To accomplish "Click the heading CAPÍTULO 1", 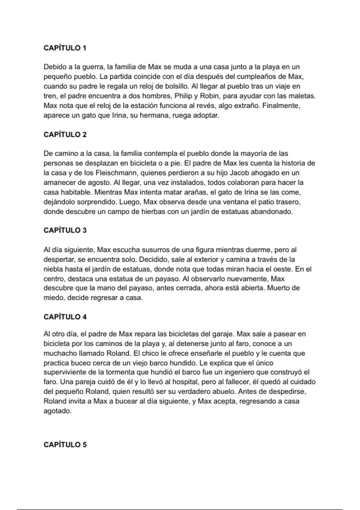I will [x=65, y=48].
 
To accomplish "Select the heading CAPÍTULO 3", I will [x=65, y=230].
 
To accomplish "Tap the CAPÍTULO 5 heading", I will [x=65, y=445].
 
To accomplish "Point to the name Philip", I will [x=182, y=96].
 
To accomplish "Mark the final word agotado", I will [x=57, y=411].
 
